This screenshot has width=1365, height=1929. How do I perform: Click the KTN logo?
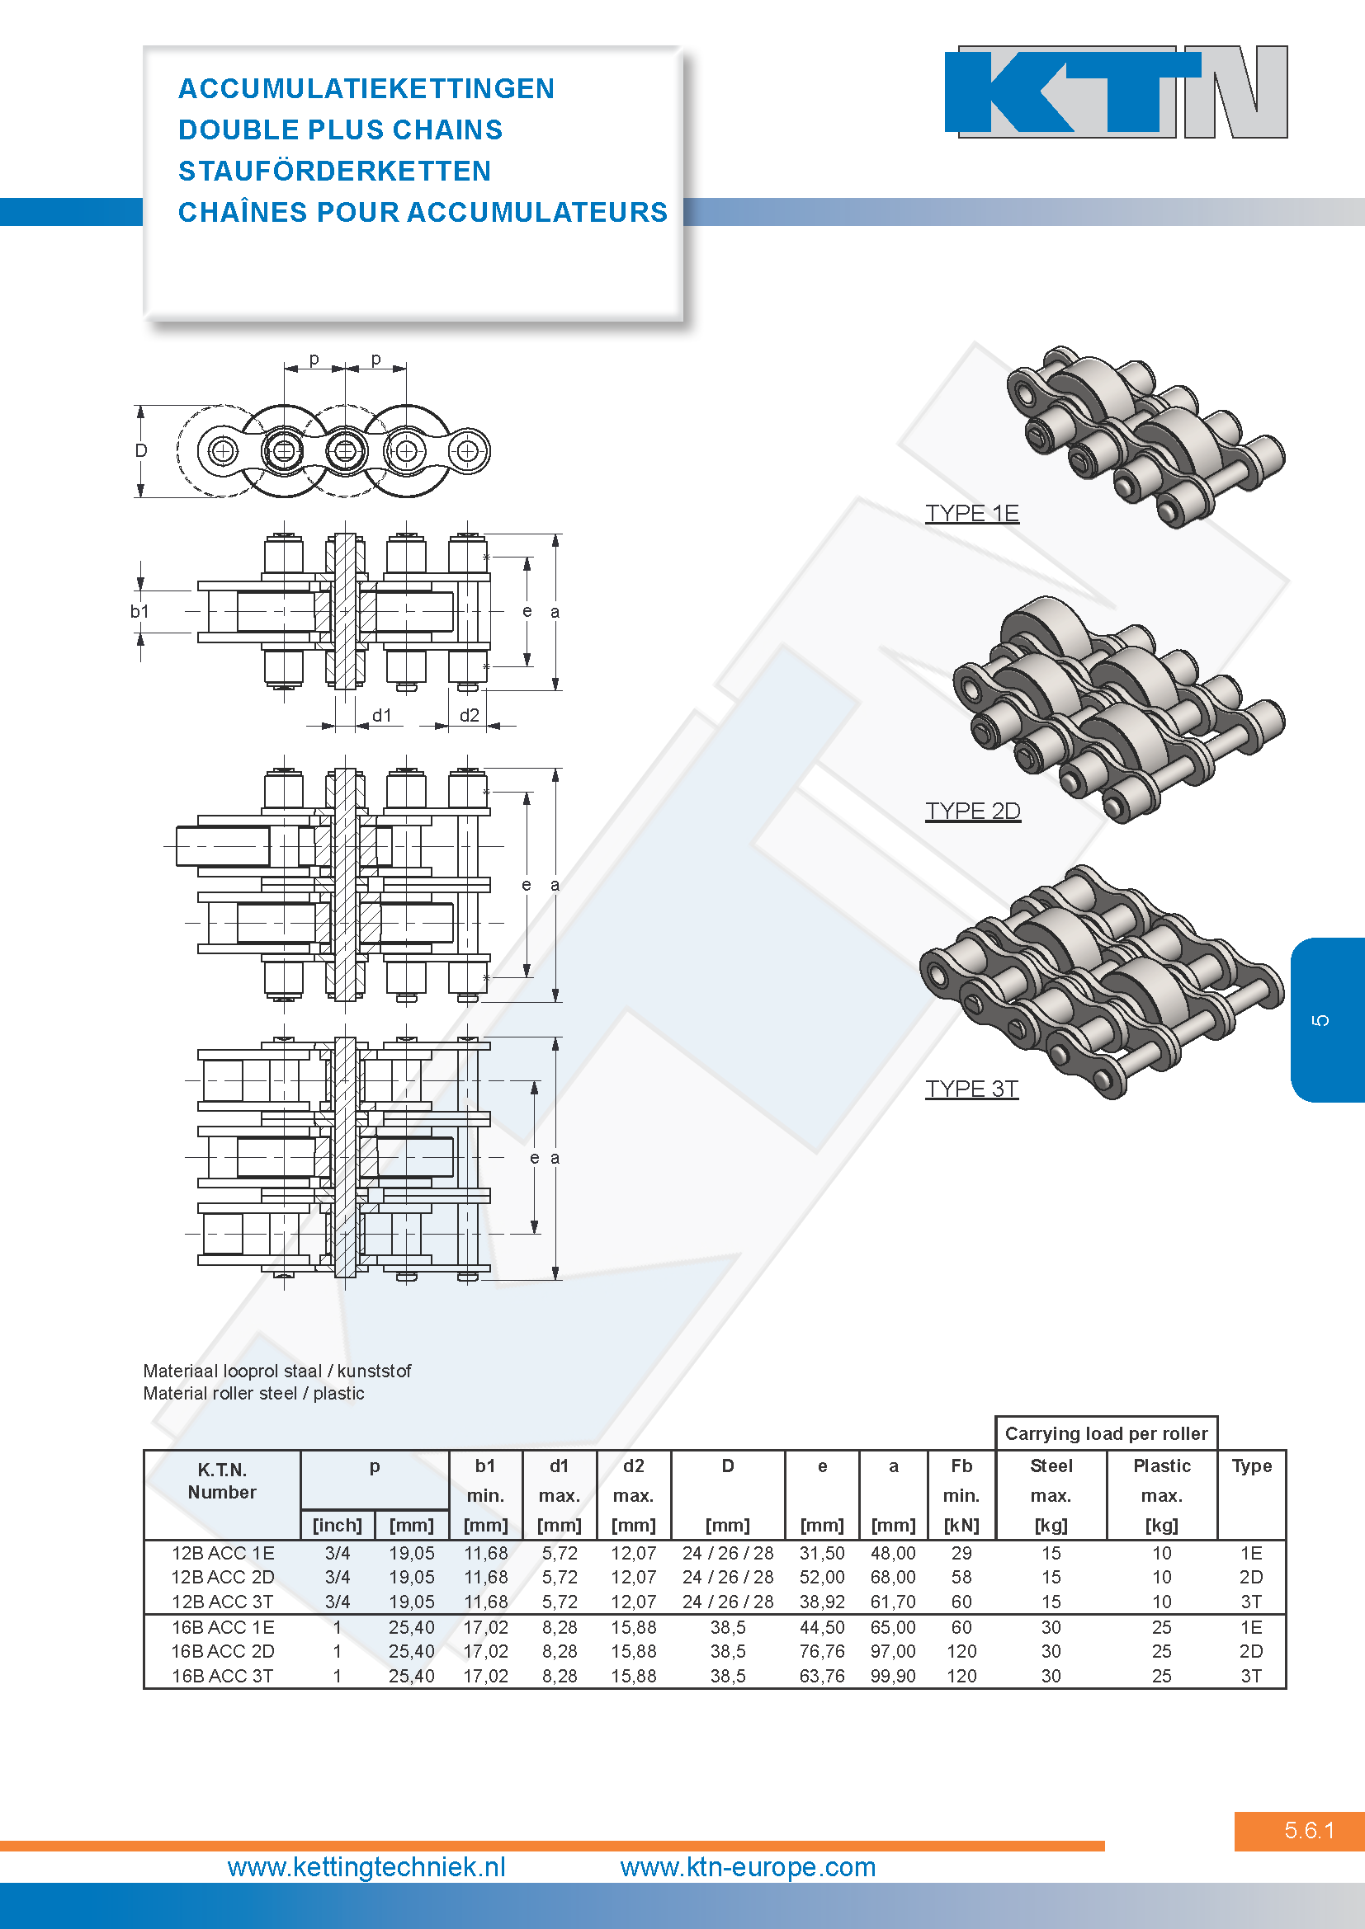coord(1117,92)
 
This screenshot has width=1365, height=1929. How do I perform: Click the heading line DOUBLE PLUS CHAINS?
coord(340,130)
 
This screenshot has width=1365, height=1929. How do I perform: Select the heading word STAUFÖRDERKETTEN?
coord(334,171)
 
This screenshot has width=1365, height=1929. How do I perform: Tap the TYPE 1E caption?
coord(971,513)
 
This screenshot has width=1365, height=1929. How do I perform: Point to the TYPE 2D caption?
coord(972,811)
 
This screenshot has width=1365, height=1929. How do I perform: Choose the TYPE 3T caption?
coord(971,1089)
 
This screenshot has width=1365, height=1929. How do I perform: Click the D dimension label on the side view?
coord(141,450)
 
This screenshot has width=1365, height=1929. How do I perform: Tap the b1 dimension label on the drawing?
coord(139,612)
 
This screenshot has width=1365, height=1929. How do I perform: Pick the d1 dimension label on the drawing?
coord(382,715)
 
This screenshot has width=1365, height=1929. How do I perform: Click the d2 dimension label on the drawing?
coord(469,715)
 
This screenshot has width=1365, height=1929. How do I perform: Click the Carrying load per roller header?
coord(1106,1433)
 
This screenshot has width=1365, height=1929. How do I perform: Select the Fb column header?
coord(961,1466)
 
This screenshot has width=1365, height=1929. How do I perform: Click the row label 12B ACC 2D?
coord(223,1577)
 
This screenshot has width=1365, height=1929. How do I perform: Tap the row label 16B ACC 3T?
coord(223,1676)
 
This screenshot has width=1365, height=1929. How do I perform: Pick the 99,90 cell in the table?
coord(894,1676)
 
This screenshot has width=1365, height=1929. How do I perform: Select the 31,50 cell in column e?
coord(822,1554)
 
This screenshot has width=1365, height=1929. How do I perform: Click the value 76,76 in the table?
coord(822,1651)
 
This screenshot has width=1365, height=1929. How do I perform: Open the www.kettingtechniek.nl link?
coord(366,1867)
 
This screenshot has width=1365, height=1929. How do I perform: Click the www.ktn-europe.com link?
coord(748,1867)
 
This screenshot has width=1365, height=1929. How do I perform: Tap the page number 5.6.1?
coord(1310,1830)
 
